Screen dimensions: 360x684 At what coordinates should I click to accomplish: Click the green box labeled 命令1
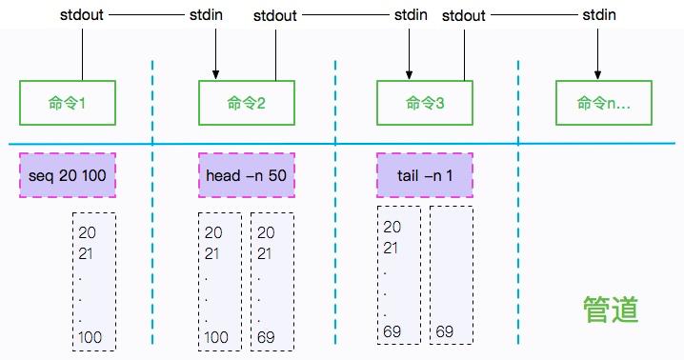pos(68,102)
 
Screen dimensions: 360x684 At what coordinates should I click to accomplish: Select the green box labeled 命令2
pos(247,102)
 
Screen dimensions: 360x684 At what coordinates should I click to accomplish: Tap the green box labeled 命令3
pos(425,102)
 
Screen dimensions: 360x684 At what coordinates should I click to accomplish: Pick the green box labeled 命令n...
pos(604,102)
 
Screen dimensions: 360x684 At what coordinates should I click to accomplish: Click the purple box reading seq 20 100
pos(68,175)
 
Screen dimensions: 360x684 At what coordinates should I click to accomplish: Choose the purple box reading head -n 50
pos(247,175)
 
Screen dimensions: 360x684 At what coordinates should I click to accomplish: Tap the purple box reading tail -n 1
pos(425,175)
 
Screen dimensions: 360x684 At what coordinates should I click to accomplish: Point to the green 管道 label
pos(611,310)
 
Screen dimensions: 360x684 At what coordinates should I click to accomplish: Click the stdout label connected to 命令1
pos(82,14)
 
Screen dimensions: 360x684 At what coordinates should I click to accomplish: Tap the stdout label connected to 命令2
pos(275,15)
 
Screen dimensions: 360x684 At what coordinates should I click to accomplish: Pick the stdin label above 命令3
pos(411,14)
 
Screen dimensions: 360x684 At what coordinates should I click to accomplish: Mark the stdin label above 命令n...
pos(598,14)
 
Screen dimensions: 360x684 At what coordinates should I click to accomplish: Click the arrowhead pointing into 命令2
pos(216,75)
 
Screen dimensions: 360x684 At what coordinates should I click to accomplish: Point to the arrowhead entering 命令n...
pos(598,75)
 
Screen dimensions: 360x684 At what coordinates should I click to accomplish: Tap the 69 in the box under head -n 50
pos(266,337)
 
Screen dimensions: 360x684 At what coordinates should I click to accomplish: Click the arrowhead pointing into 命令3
pos(411,75)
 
